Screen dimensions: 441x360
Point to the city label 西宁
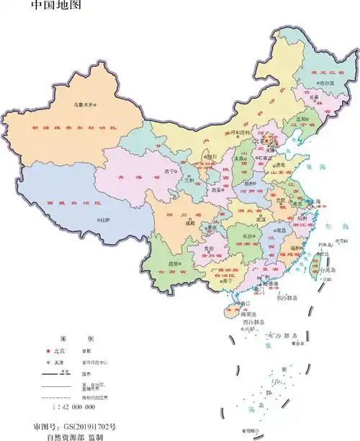[170, 172]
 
